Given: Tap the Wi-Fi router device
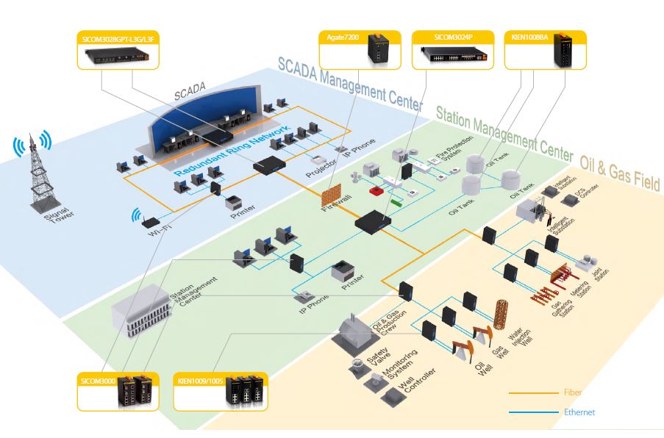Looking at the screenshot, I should tap(151, 223).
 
